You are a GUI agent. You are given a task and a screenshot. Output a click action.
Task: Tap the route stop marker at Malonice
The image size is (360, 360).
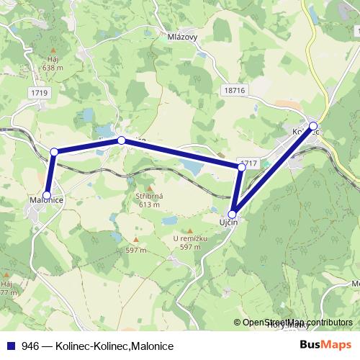pos(47,195)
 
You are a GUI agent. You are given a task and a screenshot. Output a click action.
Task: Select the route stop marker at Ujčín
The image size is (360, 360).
pos(233,214)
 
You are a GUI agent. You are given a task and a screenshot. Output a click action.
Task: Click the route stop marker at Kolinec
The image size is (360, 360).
pos(313,126)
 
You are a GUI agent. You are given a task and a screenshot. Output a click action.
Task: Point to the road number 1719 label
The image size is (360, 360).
pos(40,94)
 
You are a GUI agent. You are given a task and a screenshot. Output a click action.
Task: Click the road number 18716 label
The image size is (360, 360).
pos(234,89)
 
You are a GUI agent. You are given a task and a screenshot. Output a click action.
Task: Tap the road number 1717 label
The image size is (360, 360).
pos(250,164)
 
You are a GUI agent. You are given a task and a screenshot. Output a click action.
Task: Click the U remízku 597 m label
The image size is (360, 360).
pos(190,243)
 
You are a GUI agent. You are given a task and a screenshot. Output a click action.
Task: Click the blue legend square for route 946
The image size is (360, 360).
pos(11,346)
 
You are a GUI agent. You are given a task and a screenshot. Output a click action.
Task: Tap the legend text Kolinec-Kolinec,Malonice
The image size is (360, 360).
pos(112,346)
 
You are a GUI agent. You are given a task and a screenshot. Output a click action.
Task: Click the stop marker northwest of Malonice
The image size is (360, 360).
pos(54,152)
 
